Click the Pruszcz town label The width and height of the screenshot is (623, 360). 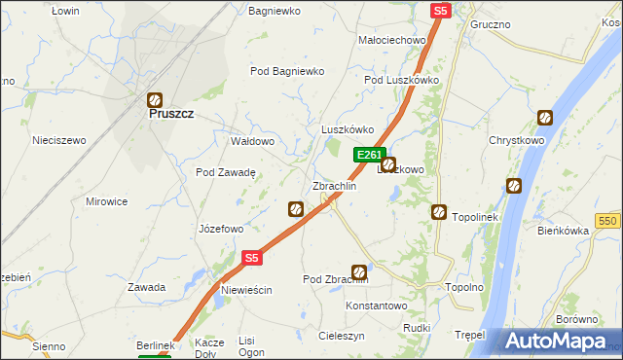[x=171, y=114]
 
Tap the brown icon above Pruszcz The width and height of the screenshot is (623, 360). [x=154, y=98]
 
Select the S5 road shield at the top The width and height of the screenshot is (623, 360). [x=441, y=11]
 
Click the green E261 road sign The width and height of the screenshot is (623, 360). [x=369, y=155]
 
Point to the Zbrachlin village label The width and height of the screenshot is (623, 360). [x=334, y=186]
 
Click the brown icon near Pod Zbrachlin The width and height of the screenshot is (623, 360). [x=359, y=272]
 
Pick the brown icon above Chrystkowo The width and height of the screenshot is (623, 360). [x=544, y=119]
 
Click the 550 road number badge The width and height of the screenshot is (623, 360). [x=609, y=222]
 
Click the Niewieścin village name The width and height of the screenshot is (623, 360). [x=246, y=291]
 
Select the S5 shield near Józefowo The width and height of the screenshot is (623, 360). [x=251, y=258]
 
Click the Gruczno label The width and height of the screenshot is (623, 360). [x=492, y=23]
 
